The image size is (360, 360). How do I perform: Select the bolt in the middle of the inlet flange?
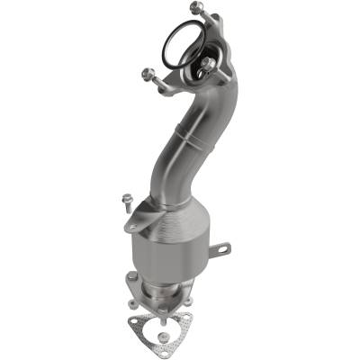[x=208, y=64]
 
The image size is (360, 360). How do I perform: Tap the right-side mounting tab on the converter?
[x=220, y=247]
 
